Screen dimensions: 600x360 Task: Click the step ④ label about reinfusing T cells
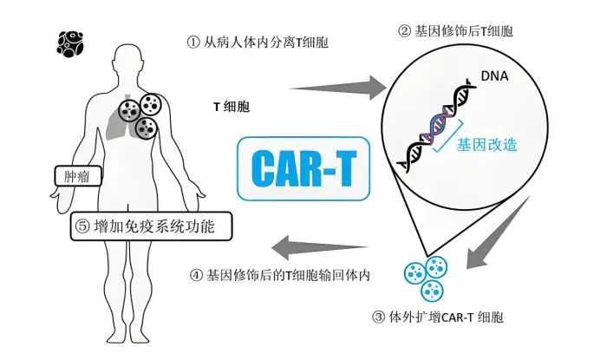pos(280,275)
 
